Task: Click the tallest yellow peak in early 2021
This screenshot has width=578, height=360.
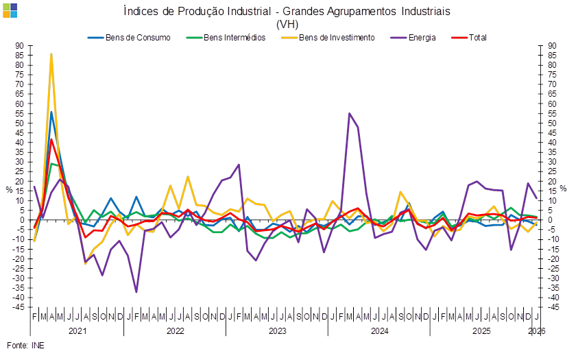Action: coord(51,53)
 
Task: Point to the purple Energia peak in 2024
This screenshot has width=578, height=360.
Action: coord(350,113)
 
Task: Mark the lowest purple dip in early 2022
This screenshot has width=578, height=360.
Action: coord(136,292)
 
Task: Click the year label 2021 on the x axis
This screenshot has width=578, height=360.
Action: coord(77,331)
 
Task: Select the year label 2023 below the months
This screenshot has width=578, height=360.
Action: coord(277,331)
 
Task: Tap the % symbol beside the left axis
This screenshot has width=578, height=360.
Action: coord(10,189)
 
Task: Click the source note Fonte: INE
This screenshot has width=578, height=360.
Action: coord(25,345)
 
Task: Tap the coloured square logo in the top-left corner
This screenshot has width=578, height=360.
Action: coord(10,10)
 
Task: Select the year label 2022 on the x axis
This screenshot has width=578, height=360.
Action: coord(176,331)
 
